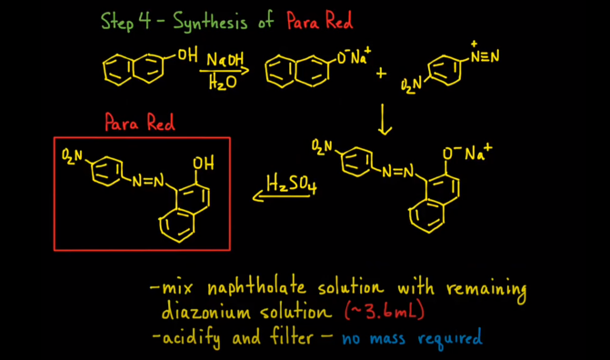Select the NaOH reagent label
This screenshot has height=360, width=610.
(224, 60)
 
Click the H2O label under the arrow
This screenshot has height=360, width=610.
(221, 84)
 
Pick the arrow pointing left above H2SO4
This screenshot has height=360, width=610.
(276, 195)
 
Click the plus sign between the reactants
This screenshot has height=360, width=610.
(381, 73)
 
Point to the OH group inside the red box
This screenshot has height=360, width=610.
(203, 165)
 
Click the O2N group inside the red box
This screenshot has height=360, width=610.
(73, 156)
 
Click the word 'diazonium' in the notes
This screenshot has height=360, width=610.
(203, 312)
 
